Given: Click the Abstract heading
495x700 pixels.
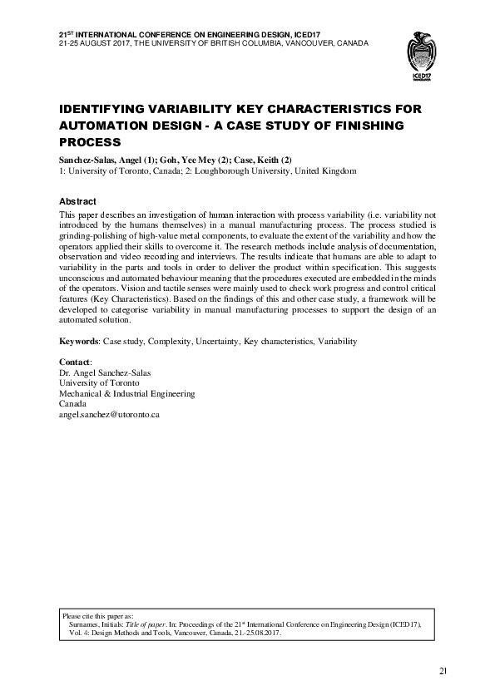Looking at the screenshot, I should click(77, 202).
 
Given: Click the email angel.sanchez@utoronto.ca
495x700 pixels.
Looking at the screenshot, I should click(109, 413).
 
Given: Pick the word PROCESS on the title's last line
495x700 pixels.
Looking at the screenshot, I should click(90, 141).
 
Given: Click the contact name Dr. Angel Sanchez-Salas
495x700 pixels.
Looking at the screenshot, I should click(105, 373).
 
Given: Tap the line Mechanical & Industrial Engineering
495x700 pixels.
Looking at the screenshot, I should click(126, 393).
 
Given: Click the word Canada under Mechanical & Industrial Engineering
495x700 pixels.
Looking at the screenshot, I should click(72, 403).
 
